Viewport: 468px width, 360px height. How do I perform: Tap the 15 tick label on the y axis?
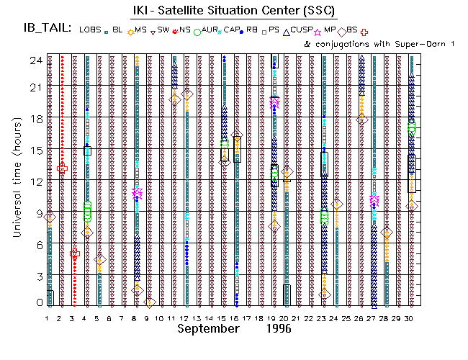tap(35, 150)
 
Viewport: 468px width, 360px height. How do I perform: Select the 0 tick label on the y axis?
tap(37, 303)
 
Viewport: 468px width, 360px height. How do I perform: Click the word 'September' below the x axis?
tap(209, 328)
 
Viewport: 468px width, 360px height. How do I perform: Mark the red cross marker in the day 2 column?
tap(63, 168)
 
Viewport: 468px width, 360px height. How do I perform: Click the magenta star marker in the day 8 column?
tap(138, 193)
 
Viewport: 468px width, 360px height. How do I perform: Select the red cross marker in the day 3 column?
tap(75, 253)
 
